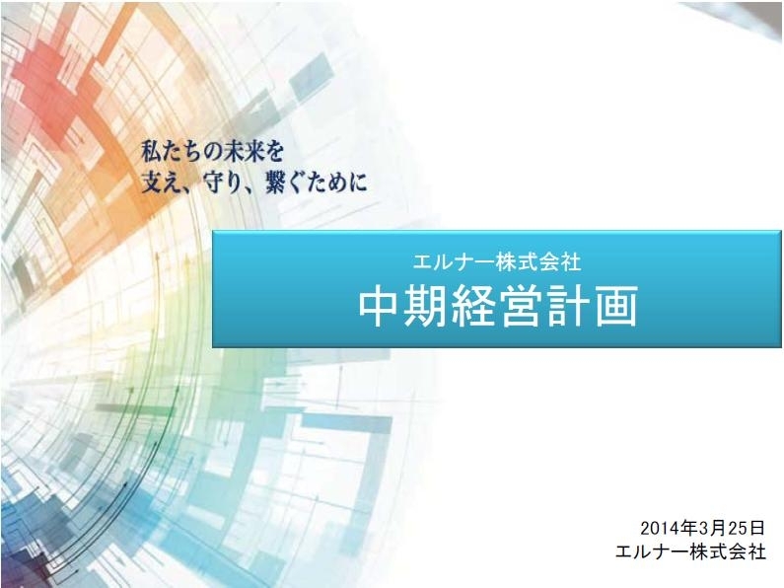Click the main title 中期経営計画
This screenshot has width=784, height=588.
[498, 306]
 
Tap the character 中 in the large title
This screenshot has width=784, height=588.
[380, 306]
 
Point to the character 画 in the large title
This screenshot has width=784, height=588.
[616, 306]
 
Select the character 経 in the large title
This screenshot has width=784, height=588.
[474, 306]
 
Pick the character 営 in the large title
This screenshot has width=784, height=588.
[521, 306]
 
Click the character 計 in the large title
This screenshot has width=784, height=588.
[568, 306]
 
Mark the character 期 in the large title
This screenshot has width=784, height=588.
[427, 306]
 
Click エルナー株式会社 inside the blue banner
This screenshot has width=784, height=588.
[497, 262]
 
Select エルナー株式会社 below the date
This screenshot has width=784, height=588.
[690, 551]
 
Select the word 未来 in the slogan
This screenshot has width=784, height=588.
[243, 152]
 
